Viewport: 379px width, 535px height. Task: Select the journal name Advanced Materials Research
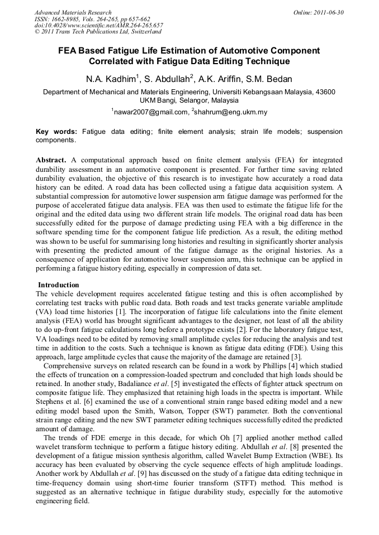pos(73,12)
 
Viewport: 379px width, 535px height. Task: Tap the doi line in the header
pos(99,26)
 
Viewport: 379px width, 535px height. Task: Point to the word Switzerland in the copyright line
pos(144,32)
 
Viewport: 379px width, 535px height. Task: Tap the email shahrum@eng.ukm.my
pos(231,112)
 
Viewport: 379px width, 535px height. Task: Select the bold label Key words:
pos(56,132)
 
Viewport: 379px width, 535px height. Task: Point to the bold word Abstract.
pos(51,160)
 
